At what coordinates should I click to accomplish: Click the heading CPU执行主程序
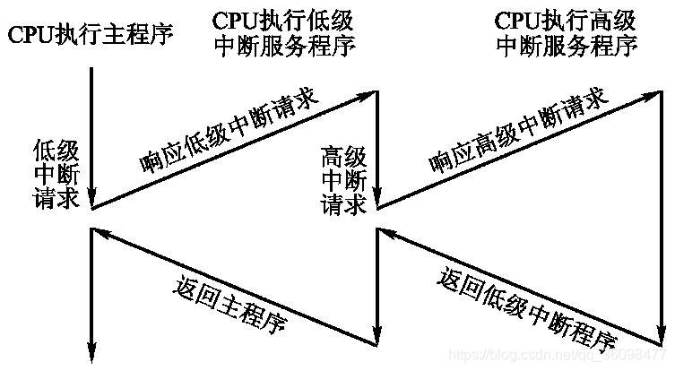pos(90,36)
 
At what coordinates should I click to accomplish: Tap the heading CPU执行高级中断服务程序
pos(567,33)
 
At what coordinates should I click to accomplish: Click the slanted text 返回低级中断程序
pos(527,309)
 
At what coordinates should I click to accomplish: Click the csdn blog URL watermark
pos(555,358)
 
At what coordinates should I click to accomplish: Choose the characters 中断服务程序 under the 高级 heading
pos(567,47)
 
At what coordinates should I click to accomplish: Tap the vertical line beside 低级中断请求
pos(91,134)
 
